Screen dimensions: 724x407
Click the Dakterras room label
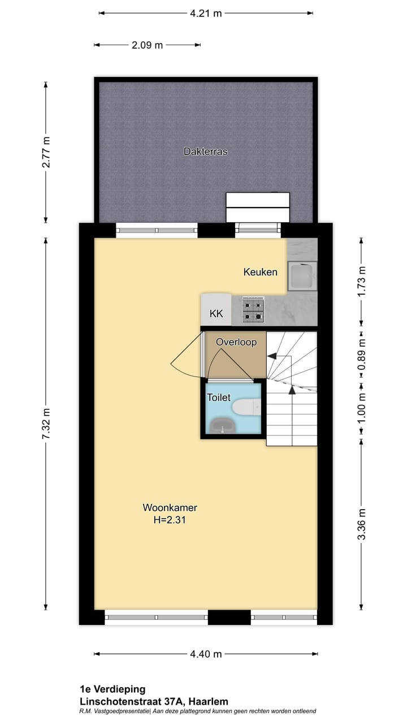(x=205, y=152)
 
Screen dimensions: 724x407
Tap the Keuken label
(x=260, y=272)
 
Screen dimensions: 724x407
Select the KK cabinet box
(x=216, y=313)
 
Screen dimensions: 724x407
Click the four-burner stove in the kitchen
(x=253, y=309)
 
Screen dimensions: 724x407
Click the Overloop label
(x=236, y=342)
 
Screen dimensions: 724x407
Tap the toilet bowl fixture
(x=247, y=406)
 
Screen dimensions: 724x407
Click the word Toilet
(x=219, y=398)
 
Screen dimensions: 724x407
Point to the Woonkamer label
(x=170, y=507)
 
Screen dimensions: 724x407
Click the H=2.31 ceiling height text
(x=170, y=520)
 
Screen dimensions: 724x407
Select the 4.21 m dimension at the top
(x=206, y=13)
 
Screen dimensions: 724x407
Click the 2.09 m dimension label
(x=147, y=45)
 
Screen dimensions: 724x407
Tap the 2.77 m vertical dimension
(x=46, y=152)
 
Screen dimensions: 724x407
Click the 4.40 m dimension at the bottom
(x=206, y=654)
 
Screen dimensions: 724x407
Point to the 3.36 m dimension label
(x=362, y=524)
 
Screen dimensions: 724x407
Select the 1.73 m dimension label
(x=362, y=281)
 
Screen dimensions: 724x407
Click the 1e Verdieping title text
(x=112, y=689)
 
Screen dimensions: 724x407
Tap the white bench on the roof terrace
(x=258, y=208)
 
